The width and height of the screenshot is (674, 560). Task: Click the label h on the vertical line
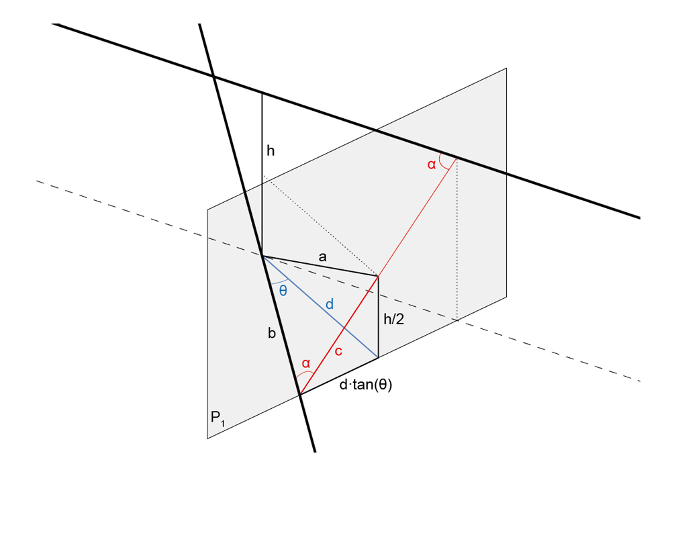(x=271, y=151)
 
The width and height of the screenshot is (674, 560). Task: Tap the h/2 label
(x=393, y=320)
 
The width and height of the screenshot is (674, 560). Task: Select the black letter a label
(x=322, y=256)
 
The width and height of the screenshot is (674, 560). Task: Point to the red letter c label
(x=338, y=351)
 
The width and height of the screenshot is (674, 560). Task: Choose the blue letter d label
(x=329, y=304)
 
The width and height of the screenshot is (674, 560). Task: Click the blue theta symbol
(x=283, y=290)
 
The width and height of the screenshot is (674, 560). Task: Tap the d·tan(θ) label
(x=365, y=385)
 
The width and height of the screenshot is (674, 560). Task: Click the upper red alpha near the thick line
(x=432, y=163)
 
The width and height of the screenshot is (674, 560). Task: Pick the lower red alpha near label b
(x=305, y=363)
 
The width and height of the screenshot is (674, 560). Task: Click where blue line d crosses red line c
(x=344, y=327)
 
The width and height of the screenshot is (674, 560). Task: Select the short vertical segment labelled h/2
(x=379, y=316)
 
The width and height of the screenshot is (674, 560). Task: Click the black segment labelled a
(x=320, y=265)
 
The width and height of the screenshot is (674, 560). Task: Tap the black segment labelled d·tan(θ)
(x=339, y=376)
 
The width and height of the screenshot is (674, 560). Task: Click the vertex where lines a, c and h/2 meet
(x=379, y=275)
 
